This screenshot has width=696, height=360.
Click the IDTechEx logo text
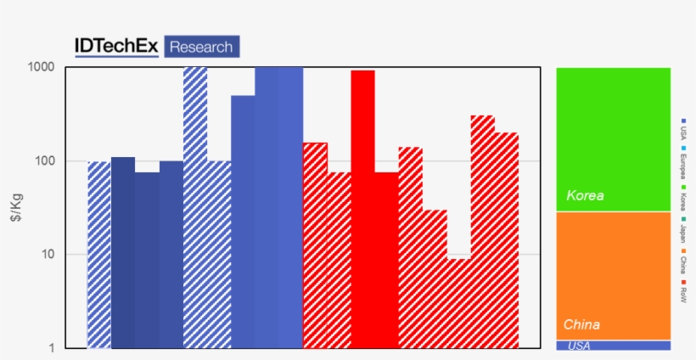click(116, 47)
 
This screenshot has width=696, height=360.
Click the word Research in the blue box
click(201, 47)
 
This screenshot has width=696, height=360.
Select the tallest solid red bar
click(363, 208)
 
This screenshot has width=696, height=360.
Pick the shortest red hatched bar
click(459, 302)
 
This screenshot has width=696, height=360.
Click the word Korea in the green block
click(585, 196)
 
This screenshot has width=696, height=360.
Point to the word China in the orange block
click(581, 325)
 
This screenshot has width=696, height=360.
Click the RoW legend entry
click(684, 295)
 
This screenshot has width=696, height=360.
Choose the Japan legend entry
click(684, 231)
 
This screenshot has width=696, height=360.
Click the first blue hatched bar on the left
click(99, 255)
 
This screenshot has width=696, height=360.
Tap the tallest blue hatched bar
click(195, 208)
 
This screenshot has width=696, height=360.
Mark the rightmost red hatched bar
click(507, 240)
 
